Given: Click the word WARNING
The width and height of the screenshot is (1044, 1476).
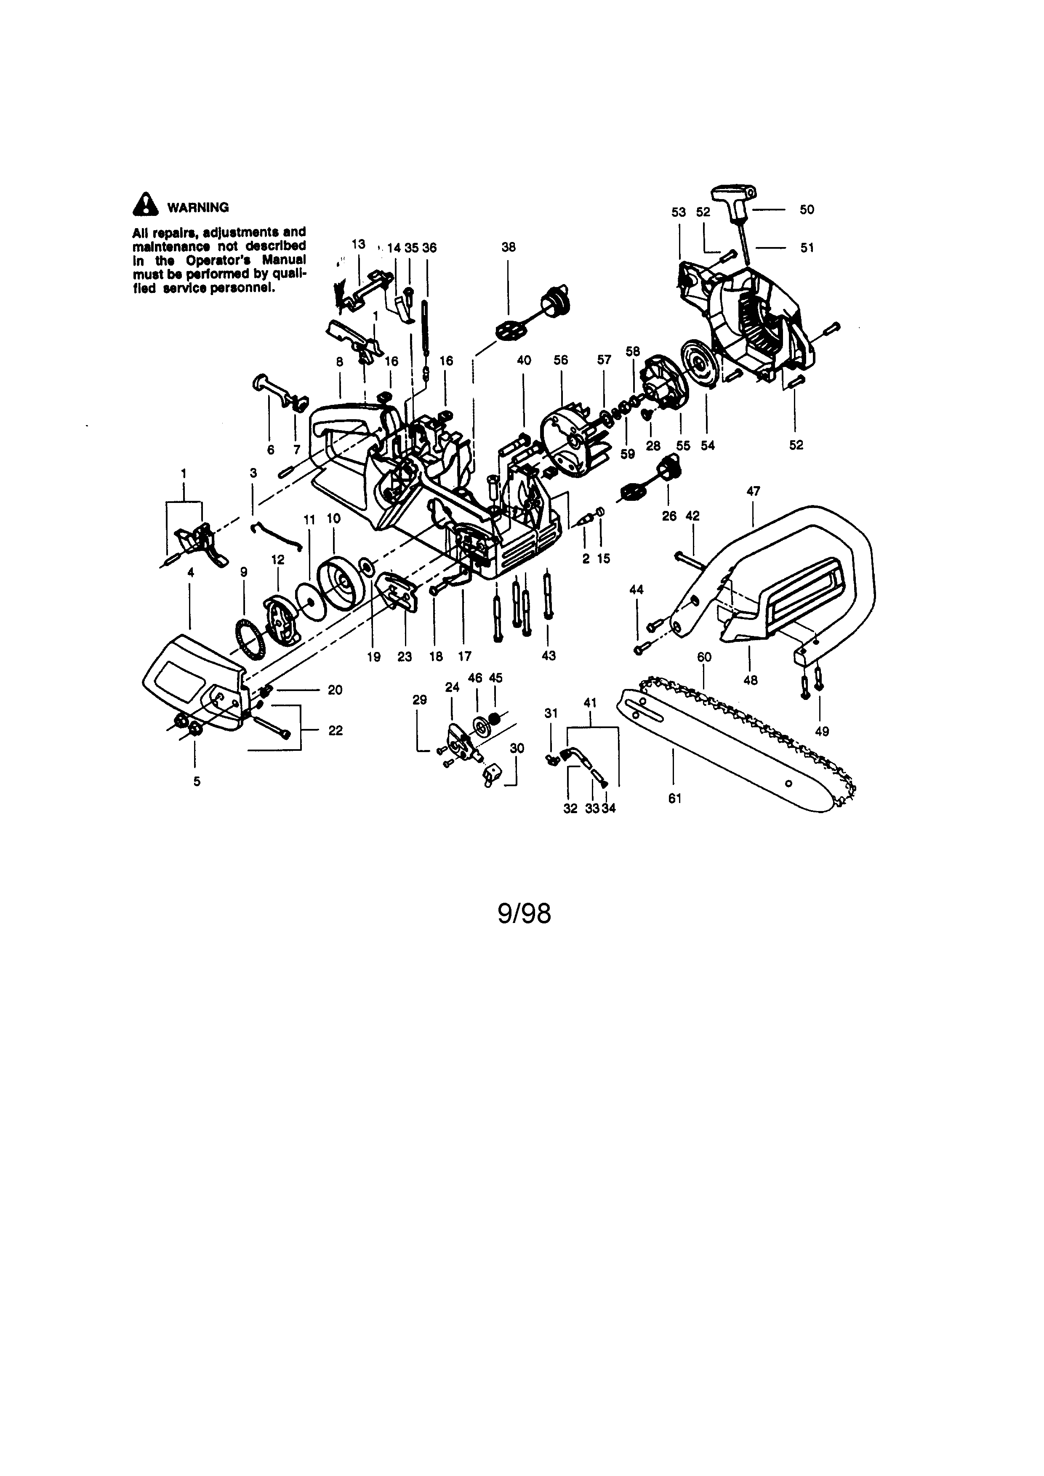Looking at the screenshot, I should coord(198,207).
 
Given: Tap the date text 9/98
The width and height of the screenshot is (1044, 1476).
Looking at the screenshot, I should coord(524,913).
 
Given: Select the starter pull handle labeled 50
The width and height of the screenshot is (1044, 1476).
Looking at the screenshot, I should coord(733,194).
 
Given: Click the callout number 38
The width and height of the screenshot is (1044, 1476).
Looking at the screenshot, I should coord(508,247).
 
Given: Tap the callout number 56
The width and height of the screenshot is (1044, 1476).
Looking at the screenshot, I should coord(561,360).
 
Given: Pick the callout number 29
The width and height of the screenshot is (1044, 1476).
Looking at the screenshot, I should coord(419,700).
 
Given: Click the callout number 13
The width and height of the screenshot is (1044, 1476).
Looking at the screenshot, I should coord(358,244).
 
